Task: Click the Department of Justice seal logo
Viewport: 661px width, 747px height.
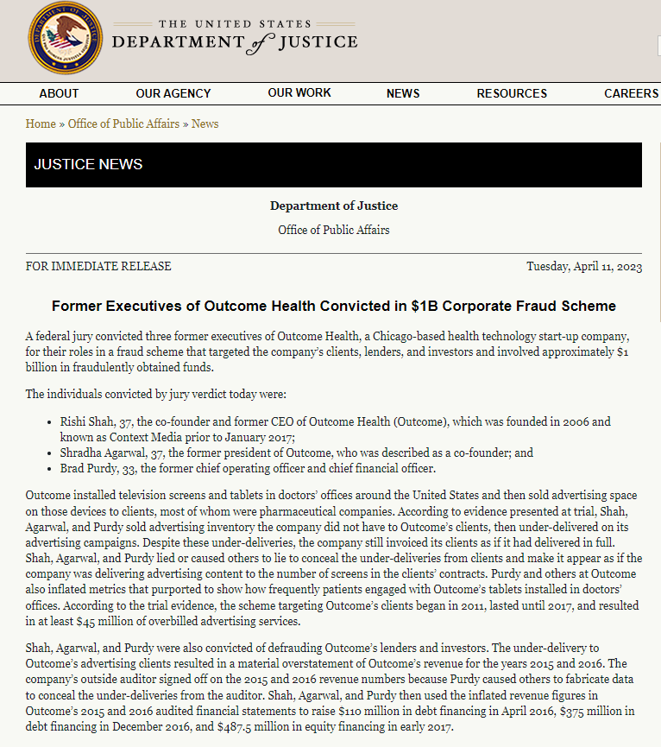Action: [x=66, y=38]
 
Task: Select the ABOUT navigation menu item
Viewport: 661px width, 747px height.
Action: [x=59, y=93]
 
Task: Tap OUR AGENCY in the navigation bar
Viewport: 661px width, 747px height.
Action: [x=173, y=93]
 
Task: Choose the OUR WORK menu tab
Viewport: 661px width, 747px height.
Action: [x=299, y=93]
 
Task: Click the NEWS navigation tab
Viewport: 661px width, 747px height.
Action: [x=403, y=93]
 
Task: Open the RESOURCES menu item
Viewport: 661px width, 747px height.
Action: [x=512, y=93]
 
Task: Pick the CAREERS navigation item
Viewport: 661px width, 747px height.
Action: [x=631, y=93]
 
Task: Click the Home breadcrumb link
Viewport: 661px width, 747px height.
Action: [x=41, y=123]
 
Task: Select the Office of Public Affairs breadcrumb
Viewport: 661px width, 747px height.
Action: [x=123, y=123]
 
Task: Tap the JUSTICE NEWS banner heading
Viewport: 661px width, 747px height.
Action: [x=88, y=164]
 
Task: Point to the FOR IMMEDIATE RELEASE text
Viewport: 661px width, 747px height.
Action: [x=98, y=266]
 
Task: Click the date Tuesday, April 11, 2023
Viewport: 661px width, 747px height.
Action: [x=584, y=266]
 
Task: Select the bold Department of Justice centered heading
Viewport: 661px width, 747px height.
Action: [x=333, y=206]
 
